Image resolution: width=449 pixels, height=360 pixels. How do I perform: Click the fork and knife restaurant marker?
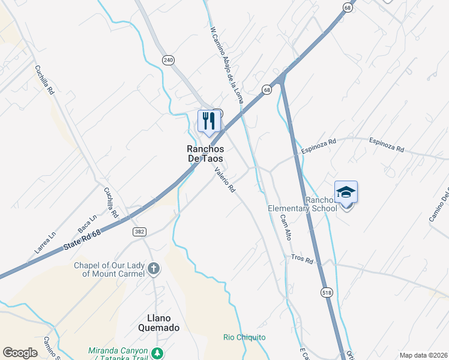[209, 121]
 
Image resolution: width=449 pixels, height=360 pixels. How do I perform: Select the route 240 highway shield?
[168, 59]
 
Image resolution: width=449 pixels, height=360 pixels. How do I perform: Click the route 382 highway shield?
[139, 232]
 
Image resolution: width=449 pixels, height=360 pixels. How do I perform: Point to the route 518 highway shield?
[326, 291]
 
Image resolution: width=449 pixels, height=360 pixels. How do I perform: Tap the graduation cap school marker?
[346, 192]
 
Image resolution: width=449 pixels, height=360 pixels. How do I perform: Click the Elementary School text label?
[302, 208]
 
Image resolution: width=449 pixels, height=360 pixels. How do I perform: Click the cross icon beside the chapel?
[154, 268]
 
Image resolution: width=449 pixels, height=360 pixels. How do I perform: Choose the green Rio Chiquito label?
[244, 337]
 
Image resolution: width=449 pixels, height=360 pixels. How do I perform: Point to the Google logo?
[20, 353]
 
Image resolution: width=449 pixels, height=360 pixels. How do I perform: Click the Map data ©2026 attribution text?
[423, 355]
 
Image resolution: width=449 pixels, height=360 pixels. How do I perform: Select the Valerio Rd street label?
[224, 179]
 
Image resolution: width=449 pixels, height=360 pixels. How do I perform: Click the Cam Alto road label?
[286, 227]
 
